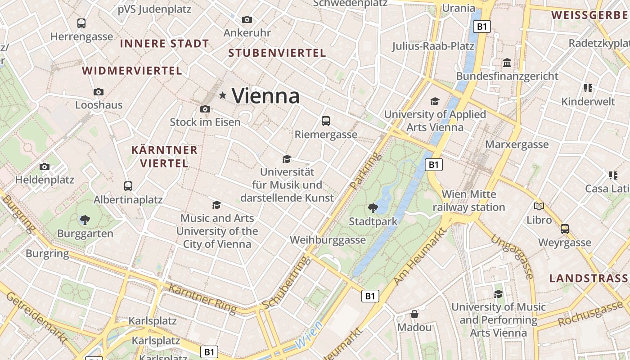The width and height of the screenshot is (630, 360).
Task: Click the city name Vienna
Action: (x=265, y=96)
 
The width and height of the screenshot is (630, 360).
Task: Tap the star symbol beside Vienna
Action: (x=222, y=95)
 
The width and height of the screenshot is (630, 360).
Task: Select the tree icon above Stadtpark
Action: (x=373, y=208)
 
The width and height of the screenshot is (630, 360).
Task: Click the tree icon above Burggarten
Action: (x=85, y=220)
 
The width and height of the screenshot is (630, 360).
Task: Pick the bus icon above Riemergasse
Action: (x=326, y=121)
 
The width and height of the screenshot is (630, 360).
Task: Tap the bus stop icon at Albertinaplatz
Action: (x=128, y=186)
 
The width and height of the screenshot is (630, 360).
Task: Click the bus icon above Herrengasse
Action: (x=81, y=23)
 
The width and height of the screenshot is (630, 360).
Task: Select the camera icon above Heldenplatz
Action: (x=44, y=167)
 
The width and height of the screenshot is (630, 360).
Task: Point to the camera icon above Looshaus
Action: (x=99, y=92)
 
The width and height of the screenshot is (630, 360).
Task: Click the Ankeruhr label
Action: (x=247, y=33)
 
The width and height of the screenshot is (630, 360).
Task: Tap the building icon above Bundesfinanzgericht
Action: (x=507, y=63)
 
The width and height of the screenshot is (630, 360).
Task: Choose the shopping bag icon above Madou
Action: (x=414, y=314)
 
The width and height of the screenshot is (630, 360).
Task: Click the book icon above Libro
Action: (x=539, y=207)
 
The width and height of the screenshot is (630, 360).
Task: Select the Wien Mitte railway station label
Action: (x=469, y=201)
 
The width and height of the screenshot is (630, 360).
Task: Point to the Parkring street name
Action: (x=365, y=171)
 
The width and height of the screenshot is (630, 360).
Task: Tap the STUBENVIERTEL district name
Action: (x=277, y=53)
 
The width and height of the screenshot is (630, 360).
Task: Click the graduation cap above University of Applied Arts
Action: (x=435, y=101)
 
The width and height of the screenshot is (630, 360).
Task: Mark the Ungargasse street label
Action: (x=512, y=256)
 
